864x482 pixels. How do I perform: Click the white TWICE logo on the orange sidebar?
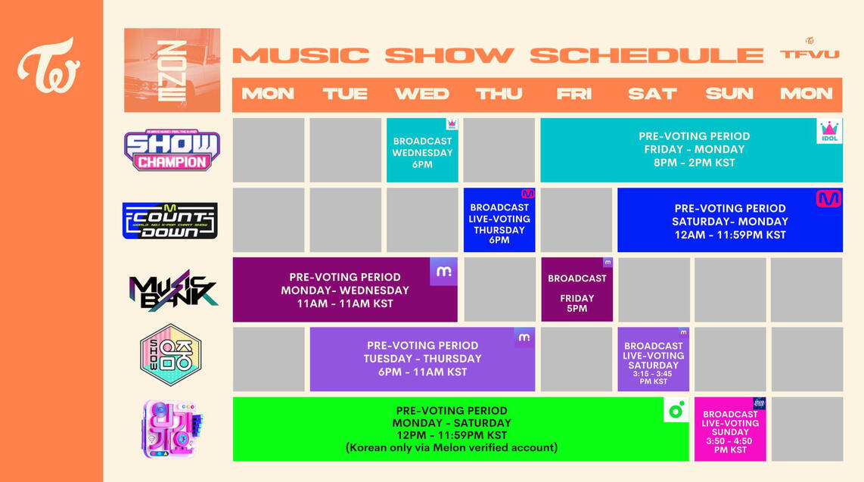48,65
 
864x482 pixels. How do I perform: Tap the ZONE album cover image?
172,70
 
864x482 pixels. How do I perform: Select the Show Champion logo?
172,150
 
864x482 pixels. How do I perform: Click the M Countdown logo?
170,220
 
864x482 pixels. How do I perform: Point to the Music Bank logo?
172,291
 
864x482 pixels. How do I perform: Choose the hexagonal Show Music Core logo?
170,355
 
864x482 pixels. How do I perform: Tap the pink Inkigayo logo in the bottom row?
171,429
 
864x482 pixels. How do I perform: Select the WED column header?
421,94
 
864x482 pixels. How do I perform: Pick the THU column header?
499,94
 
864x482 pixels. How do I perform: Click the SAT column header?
652,94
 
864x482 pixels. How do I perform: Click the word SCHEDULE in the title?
646,55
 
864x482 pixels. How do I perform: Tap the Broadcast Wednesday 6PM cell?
422,151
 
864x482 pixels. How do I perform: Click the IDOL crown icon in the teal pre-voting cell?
830,131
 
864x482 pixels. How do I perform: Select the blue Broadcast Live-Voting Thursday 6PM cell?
499,221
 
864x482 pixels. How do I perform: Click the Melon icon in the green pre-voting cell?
676,409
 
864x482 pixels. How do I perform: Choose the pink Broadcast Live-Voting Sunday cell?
730,430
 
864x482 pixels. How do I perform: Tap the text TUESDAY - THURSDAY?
422,359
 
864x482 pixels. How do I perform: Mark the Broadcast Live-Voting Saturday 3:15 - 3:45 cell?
654,360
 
